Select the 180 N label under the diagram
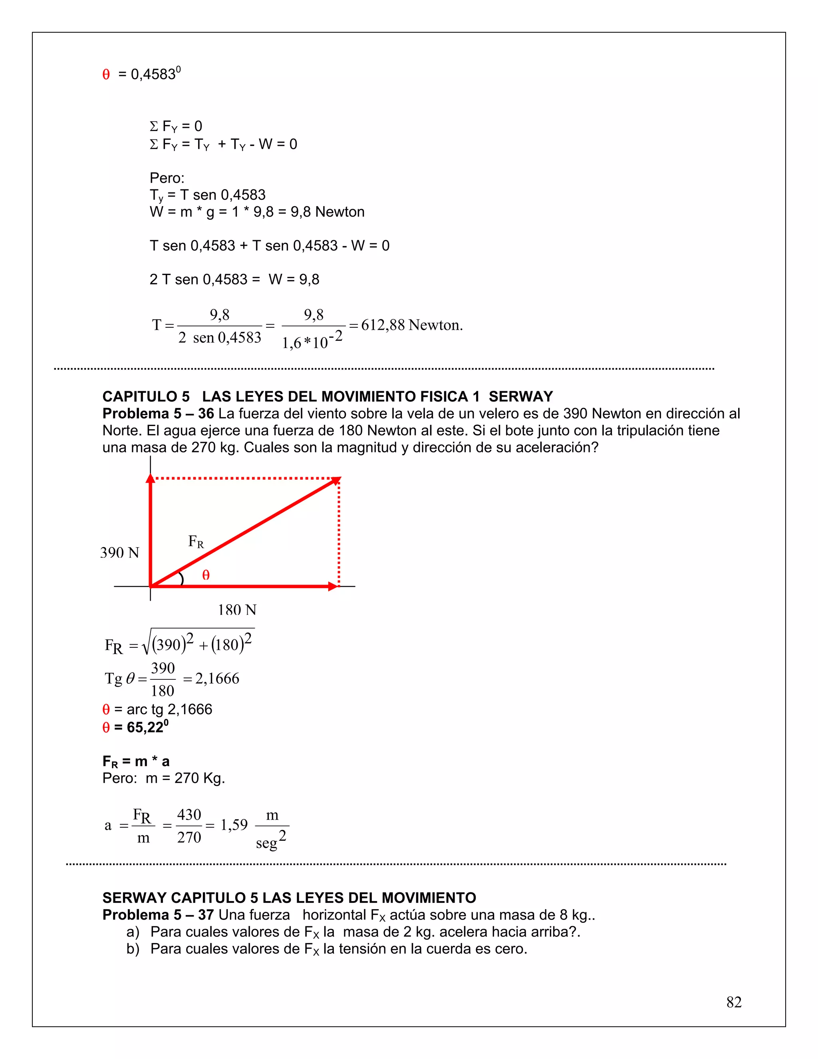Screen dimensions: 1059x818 [237, 609]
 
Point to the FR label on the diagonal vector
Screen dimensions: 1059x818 [196, 541]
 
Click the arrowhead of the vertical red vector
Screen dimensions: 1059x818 [150, 479]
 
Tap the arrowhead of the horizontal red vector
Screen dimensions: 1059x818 [333, 586]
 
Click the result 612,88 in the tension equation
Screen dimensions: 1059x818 [383, 325]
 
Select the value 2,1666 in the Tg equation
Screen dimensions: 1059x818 [217, 679]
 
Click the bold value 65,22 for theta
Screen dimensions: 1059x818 [145, 727]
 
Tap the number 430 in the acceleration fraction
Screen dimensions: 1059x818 [189, 814]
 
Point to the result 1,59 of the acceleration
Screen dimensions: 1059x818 [234, 825]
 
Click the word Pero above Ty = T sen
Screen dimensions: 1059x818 [167, 178]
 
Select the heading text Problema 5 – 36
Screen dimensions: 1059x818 [158, 414]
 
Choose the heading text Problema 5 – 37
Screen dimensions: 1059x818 [158, 915]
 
